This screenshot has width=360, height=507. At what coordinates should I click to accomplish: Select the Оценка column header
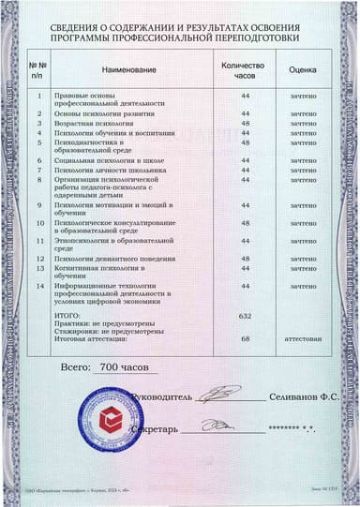click(x=302, y=69)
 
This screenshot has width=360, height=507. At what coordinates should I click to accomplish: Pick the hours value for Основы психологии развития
click(x=246, y=113)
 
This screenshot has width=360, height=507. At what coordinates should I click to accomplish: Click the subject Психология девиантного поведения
click(x=112, y=258)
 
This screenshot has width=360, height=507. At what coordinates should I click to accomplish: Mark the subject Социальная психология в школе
click(x=111, y=160)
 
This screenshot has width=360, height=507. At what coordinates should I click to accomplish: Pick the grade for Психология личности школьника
click(x=302, y=170)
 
